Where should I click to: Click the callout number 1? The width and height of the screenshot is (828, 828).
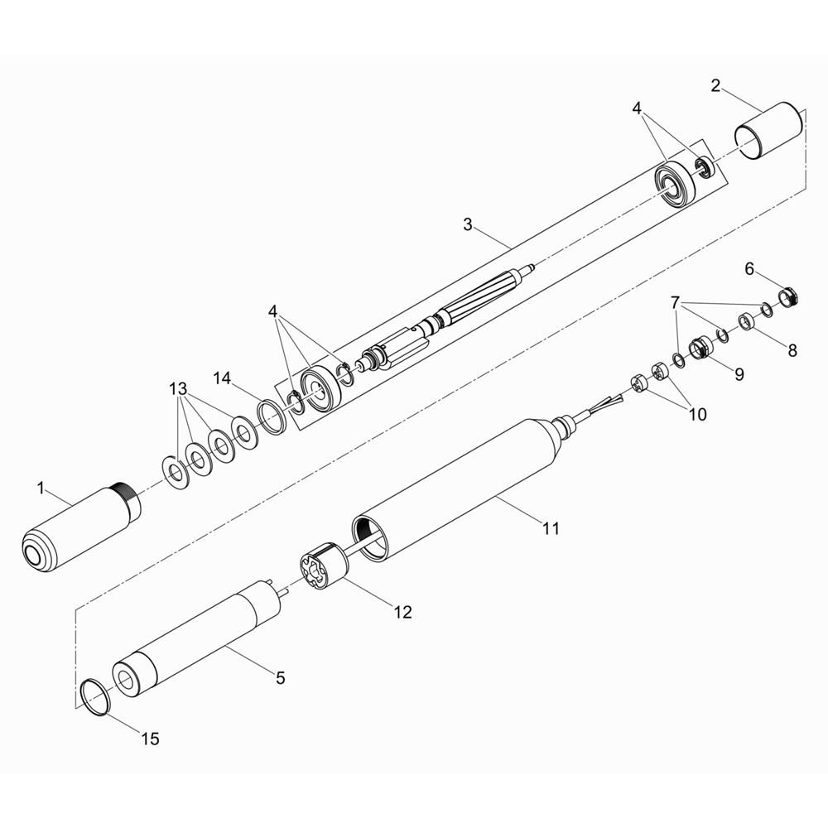coord(41,488)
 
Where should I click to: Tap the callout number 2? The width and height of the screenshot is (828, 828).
coord(715,85)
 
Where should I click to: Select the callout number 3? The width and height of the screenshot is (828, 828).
coord(468,224)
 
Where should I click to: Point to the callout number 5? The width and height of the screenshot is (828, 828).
coord(281,677)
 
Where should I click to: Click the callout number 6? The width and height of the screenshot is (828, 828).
coord(749,269)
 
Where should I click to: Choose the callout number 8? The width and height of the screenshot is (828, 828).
coord(792,350)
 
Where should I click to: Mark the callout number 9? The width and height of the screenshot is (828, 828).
coord(739,374)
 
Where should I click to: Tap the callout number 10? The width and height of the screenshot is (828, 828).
coord(697,415)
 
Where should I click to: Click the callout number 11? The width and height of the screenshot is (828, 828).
coord(551,527)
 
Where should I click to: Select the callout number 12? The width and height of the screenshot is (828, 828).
coord(402,612)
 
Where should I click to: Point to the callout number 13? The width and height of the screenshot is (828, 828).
coord(178,389)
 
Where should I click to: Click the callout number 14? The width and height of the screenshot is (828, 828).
coord(222,378)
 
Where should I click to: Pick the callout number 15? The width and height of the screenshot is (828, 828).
coord(150,739)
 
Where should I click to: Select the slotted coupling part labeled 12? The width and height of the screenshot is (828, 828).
coord(325,566)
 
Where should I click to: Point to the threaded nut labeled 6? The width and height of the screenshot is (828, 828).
coord(788,296)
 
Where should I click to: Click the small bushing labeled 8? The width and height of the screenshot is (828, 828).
coord(746,321)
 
